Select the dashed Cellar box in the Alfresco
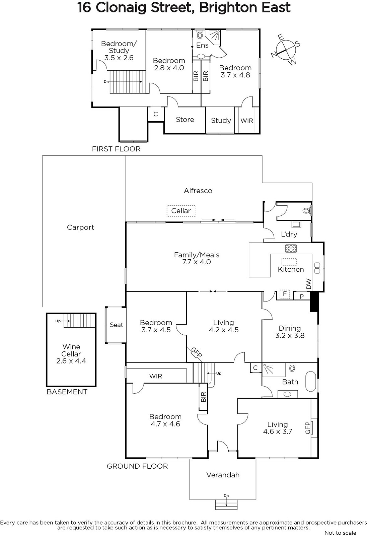tap(181, 211)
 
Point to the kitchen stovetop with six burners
tap(291, 248)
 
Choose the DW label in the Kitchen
tap(309, 284)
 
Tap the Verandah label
tap(223, 475)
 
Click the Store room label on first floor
tap(185, 119)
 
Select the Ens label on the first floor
tap(202, 45)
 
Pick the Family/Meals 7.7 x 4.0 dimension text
tap(197, 262)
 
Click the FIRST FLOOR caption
tap(116, 149)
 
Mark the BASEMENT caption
tap(67, 392)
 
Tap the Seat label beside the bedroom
tap(116, 325)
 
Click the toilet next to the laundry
tap(306, 211)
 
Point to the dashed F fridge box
tap(285, 294)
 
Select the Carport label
tap(80, 227)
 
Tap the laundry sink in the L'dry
tap(296, 224)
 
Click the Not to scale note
tap(340, 533)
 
